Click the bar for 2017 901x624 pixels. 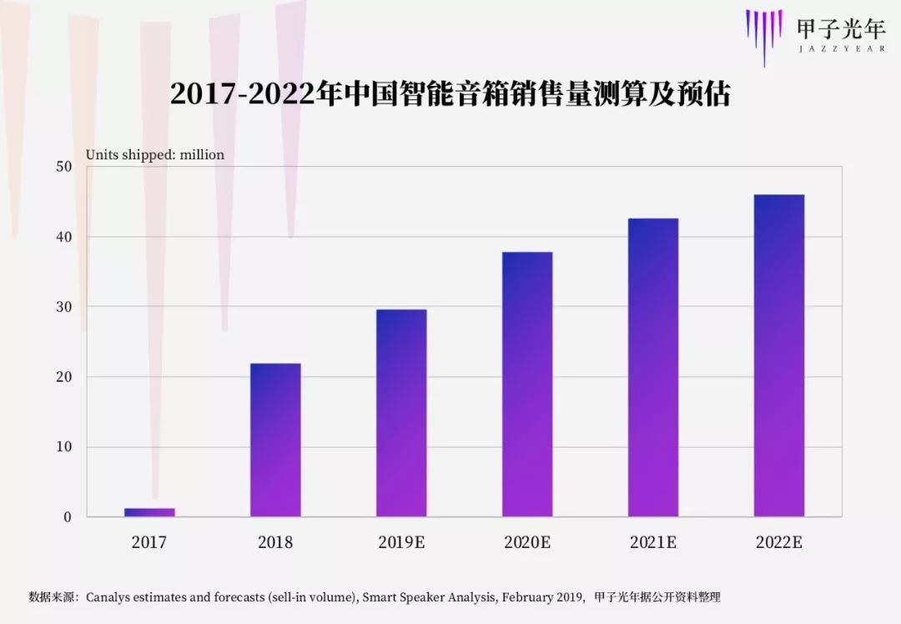[x=149, y=511]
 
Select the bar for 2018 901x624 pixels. [x=275, y=440]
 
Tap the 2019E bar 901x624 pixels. [x=401, y=413]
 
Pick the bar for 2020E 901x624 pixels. [x=527, y=384]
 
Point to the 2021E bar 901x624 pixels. [x=653, y=367]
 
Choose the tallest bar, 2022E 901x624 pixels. [x=779, y=355]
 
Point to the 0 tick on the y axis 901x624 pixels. [x=68, y=517]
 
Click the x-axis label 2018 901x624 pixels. [x=275, y=543]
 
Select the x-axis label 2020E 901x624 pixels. [x=527, y=543]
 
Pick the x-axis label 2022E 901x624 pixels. [x=779, y=543]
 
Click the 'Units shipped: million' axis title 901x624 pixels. [x=155, y=155]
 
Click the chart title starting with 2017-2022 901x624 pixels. [x=450, y=94]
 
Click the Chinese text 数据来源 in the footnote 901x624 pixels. [x=51, y=597]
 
